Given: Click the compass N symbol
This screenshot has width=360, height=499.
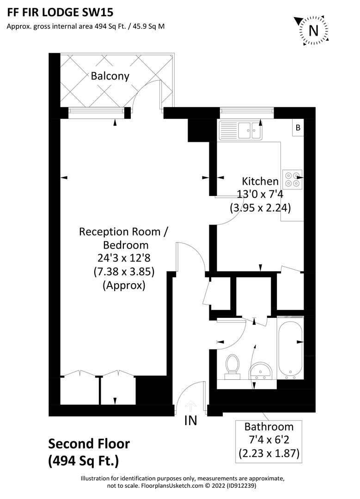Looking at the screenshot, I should pyautogui.click(x=313, y=30).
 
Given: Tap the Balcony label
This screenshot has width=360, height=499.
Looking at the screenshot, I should pyautogui.click(x=110, y=76).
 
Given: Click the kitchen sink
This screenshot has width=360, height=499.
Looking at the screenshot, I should pyautogui.click(x=241, y=130).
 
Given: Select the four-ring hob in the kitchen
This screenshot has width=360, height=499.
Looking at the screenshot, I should pyautogui.click(x=292, y=179).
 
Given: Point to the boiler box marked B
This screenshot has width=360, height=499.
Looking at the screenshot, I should pyautogui.click(x=298, y=128).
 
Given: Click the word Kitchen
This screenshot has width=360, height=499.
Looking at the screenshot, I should pyautogui.click(x=261, y=182).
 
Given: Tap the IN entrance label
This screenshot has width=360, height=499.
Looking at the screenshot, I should pyautogui.click(x=190, y=420).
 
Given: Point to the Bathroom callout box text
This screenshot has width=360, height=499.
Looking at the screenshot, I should pyautogui.click(x=269, y=440).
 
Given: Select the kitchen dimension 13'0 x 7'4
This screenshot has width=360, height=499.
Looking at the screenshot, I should pyautogui.click(x=260, y=195).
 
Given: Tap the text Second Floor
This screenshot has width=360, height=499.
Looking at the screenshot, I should pyautogui.click(x=89, y=444).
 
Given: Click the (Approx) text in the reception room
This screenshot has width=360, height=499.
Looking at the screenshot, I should pyautogui.click(x=124, y=285).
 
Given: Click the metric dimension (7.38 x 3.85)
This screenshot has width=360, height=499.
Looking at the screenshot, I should pyautogui.click(x=124, y=272).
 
